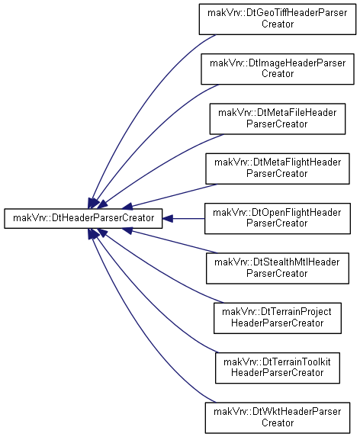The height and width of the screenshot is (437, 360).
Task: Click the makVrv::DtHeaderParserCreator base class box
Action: (83, 218)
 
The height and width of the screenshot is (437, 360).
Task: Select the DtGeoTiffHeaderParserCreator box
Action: (277, 19)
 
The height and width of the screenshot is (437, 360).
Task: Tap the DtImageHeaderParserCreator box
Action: (278, 69)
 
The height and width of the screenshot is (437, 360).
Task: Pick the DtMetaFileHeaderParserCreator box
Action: (278, 119)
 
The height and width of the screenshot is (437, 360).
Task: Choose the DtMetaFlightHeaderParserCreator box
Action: (278, 169)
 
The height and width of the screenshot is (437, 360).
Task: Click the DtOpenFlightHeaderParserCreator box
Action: (278, 218)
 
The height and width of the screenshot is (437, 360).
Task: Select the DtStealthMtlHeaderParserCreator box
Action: (278, 268)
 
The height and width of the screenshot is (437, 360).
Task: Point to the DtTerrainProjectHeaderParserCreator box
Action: (278, 318)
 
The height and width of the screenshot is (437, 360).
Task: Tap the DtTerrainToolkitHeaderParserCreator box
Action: (278, 368)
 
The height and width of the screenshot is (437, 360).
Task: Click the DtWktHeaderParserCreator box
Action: (278, 418)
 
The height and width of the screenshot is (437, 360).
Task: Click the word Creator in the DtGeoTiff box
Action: (278, 24)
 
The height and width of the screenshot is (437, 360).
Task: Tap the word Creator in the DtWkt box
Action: (278, 423)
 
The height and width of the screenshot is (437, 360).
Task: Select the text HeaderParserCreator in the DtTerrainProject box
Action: (278, 323)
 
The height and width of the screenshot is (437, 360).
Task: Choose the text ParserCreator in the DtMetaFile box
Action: (277, 124)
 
